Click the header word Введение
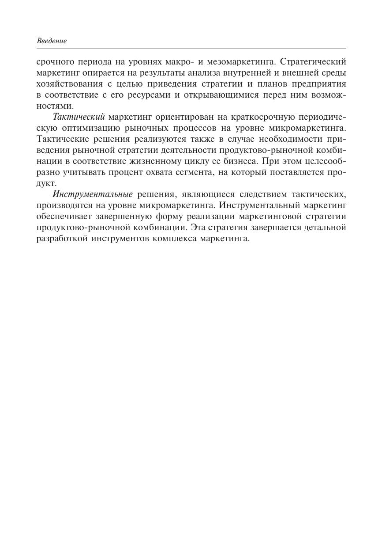point(52,41)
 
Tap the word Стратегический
point(313,62)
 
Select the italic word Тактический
point(79,117)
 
